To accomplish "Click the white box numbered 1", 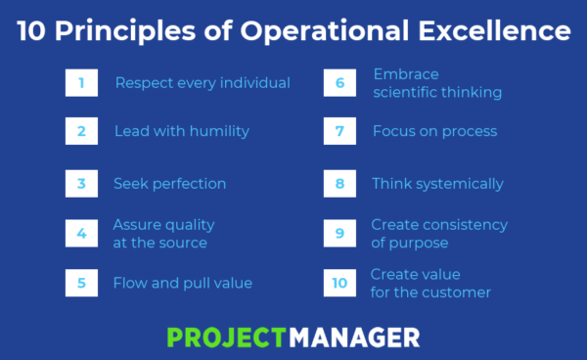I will [81, 83].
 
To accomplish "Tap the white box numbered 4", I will [81, 233].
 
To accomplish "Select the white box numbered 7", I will [339, 131].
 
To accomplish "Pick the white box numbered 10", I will [339, 283].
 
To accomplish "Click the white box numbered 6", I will [339, 83].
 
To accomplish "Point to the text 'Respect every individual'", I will [203, 83].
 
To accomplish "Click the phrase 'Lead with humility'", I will [182, 131].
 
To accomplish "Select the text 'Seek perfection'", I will [169, 184].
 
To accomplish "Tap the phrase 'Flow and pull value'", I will [183, 283].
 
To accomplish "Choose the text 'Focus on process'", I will [434, 131].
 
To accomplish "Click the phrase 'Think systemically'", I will [437, 184].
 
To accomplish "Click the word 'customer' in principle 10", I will [460, 292].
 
